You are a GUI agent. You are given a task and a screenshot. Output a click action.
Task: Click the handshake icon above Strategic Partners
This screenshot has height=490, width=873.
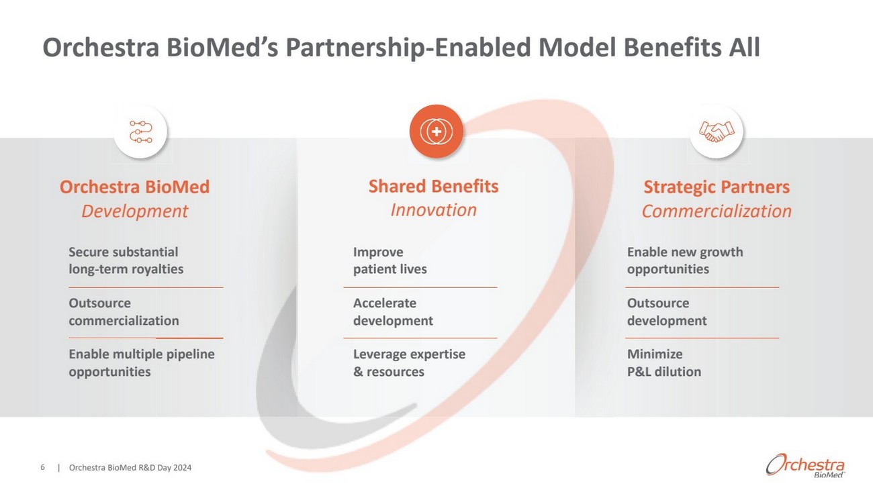[x=717, y=132]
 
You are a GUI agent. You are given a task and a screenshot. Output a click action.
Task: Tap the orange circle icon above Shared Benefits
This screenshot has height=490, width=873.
[x=436, y=132]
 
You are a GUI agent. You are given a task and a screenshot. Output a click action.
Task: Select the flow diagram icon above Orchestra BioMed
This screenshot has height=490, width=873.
[x=140, y=132]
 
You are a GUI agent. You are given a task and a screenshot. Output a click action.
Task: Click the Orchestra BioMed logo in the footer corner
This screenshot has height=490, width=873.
[x=805, y=464]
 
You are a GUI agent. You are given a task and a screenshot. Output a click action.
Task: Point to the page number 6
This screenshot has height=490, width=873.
[x=43, y=468]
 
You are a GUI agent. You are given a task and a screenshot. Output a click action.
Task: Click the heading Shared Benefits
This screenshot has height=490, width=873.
[x=433, y=186]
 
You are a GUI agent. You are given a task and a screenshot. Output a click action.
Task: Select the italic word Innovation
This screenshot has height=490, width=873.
[x=433, y=210]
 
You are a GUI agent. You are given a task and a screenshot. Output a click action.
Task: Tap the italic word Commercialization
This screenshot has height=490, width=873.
[x=716, y=211]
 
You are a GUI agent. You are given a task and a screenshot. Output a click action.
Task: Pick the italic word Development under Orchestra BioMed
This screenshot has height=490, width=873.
[x=134, y=211]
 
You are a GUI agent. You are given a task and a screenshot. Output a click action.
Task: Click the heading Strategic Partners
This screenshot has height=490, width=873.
[x=716, y=187]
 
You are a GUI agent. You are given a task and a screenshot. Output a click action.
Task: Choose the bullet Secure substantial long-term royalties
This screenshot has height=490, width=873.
[x=126, y=260]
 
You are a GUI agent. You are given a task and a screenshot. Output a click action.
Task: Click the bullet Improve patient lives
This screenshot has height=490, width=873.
[x=389, y=260]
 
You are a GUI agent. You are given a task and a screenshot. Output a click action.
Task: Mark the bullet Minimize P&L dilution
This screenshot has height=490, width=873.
[x=663, y=362]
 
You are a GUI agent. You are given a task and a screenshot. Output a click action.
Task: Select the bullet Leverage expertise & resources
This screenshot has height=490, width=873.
[x=409, y=362]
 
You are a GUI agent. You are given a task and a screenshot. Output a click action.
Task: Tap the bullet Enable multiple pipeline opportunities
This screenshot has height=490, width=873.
[x=141, y=362]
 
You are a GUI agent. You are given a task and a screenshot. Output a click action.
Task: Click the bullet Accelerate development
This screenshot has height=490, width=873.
[x=393, y=311]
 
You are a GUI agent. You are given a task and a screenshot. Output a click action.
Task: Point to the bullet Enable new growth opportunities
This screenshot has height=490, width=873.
[x=684, y=260]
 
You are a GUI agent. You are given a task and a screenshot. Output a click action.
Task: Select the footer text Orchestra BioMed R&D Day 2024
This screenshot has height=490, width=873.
[x=130, y=468]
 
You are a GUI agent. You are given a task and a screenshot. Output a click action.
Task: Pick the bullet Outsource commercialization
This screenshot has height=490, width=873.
[x=124, y=311]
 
